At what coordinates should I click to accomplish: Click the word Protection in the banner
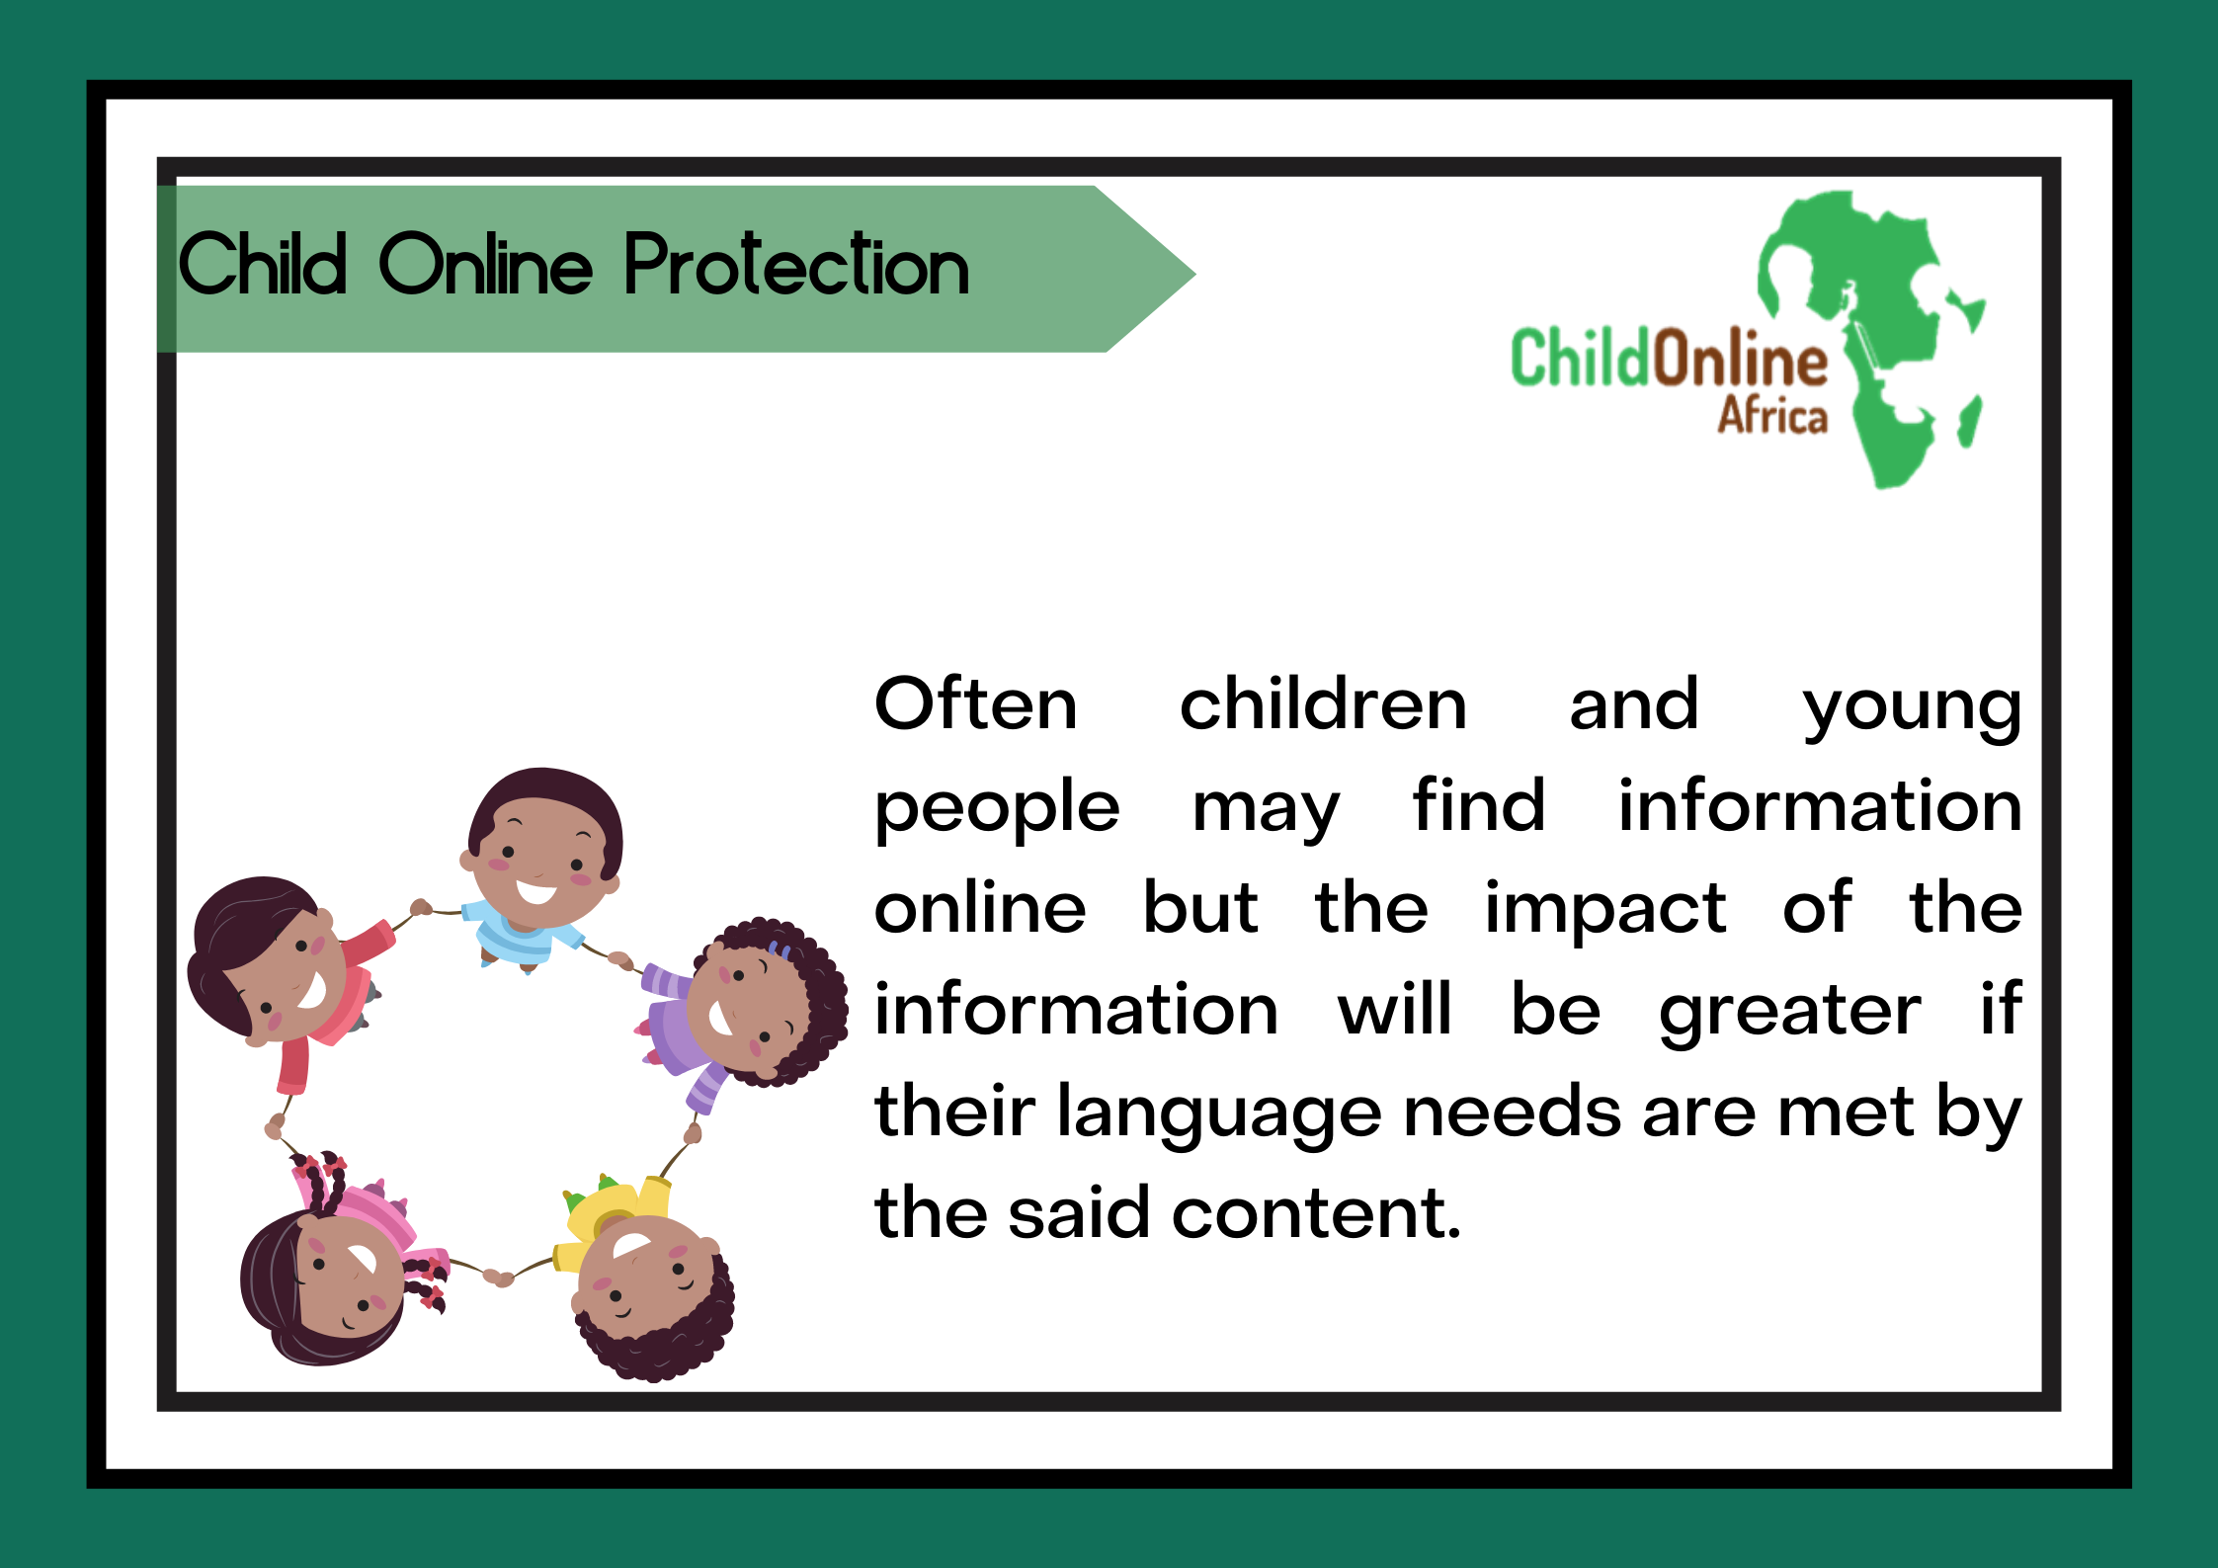(x=796, y=264)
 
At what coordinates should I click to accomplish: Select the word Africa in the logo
(x=1772, y=415)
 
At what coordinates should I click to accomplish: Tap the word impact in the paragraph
(x=1605, y=909)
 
